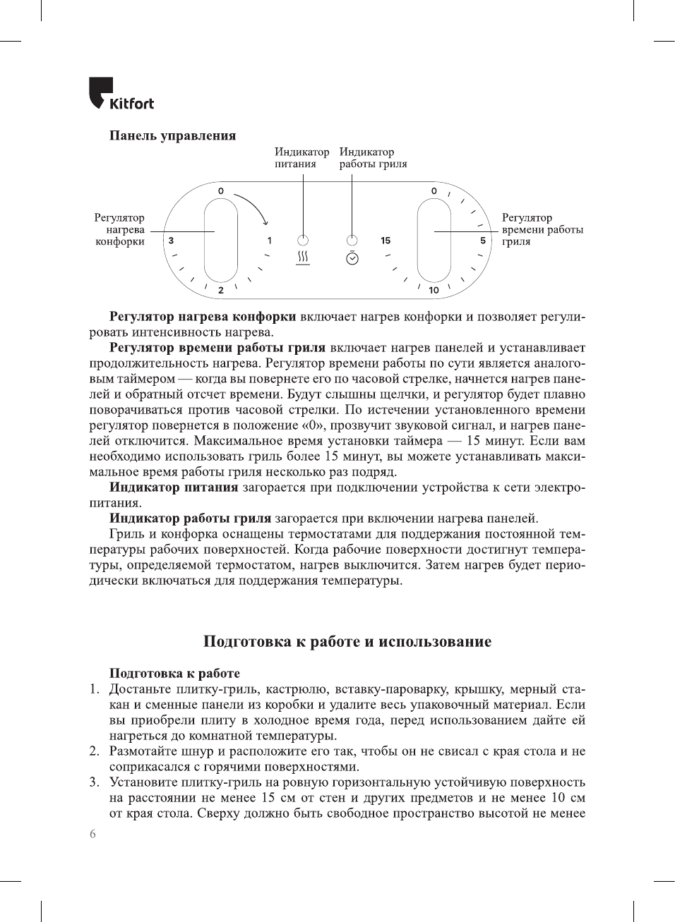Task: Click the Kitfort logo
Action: (x=121, y=94)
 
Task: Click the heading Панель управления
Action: (x=172, y=135)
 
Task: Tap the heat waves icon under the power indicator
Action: (x=303, y=257)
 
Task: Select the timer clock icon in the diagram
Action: (x=352, y=257)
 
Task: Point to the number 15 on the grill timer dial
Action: (x=386, y=241)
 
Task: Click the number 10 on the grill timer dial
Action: (x=434, y=290)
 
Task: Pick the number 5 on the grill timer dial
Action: (x=483, y=241)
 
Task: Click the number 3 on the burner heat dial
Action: (x=172, y=241)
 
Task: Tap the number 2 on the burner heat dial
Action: (x=221, y=290)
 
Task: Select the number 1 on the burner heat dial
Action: (x=269, y=241)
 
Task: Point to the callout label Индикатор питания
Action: (x=301, y=157)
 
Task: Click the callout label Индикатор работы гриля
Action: (x=373, y=157)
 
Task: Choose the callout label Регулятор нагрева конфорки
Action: (x=119, y=229)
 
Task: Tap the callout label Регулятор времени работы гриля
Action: (x=542, y=229)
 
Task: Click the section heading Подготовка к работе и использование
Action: (x=347, y=641)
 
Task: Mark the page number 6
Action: (x=92, y=834)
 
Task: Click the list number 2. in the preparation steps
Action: (x=95, y=751)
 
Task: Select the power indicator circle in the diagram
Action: (x=303, y=240)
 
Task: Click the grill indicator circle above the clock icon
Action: (x=352, y=240)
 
